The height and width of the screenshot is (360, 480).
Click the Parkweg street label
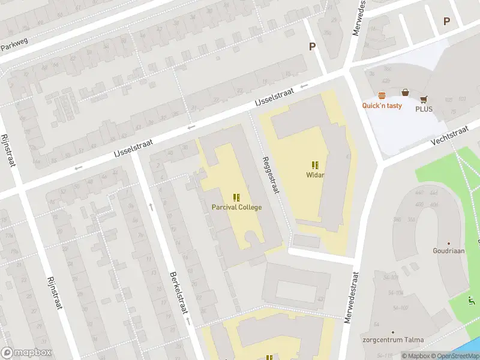14,45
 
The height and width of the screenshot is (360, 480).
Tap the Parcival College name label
236,207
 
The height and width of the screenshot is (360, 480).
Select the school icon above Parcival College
236,197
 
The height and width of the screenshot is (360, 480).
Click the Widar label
314,175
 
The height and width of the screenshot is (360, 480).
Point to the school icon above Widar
314,165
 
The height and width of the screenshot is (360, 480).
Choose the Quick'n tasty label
382,106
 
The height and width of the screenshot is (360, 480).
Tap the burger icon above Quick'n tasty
382,95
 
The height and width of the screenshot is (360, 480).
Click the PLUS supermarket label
424,109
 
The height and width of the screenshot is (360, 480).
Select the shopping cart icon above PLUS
424,100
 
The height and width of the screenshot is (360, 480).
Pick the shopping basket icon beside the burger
405,92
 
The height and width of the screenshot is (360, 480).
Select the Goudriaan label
449,251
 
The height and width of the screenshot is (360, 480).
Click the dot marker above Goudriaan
449,242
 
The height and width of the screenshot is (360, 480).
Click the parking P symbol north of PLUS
446,22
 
